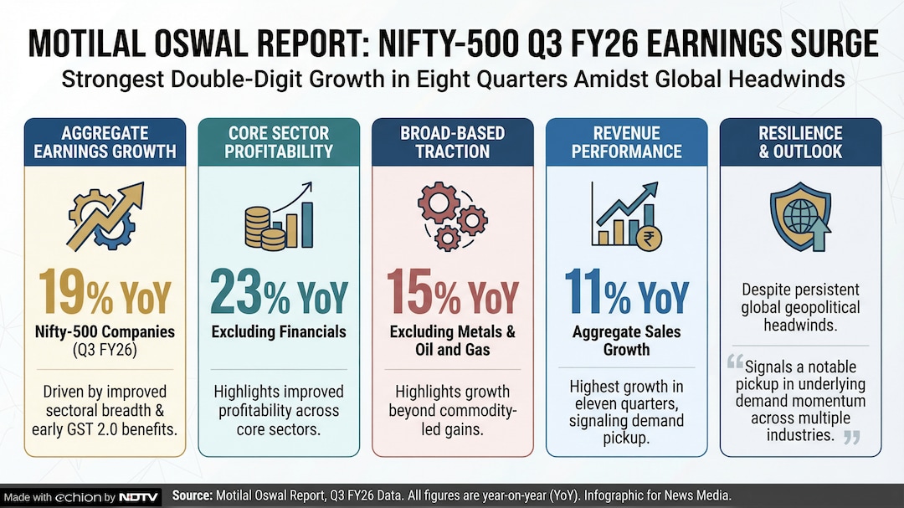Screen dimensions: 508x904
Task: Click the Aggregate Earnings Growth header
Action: pos(105,142)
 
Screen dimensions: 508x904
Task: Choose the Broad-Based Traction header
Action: pos(452,142)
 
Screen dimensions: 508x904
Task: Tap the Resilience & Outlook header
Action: pos(800,142)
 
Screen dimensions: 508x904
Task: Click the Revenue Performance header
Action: pos(626,142)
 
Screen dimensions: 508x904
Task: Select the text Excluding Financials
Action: pos(279,331)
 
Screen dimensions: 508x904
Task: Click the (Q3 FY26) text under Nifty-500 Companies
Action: pos(105,349)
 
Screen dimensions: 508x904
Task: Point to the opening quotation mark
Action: pos(735,362)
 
